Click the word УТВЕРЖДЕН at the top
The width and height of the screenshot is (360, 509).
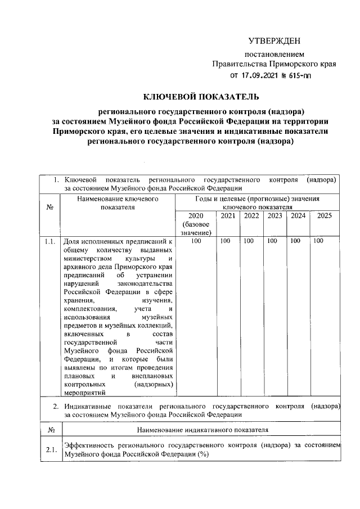click(x=274, y=41)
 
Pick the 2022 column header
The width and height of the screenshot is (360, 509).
click(x=251, y=216)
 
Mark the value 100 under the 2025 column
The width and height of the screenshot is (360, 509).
click(x=319, y=241)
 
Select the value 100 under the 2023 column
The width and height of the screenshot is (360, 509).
click(x=272, y=241)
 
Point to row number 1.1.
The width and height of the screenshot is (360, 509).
click(x=49, y=241)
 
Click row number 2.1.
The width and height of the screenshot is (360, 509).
click(x=49, y=451)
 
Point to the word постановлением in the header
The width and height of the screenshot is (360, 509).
click(x=274, y=55)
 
